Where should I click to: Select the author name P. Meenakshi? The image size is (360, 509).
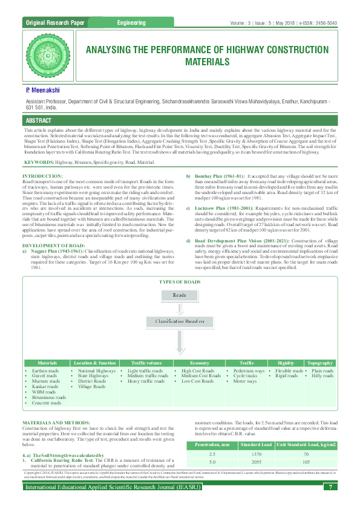click(44, 89)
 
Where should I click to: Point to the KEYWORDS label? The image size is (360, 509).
click(39, 163)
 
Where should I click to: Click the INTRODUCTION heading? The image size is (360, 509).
click(46, 175)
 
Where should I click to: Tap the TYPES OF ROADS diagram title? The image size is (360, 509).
click(180, 282)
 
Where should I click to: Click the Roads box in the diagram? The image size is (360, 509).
click(180, 296)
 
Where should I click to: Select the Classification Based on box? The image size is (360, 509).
click(180, 321)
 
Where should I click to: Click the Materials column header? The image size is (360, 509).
click(47, 363)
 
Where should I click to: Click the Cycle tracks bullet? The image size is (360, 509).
click(244, 375)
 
